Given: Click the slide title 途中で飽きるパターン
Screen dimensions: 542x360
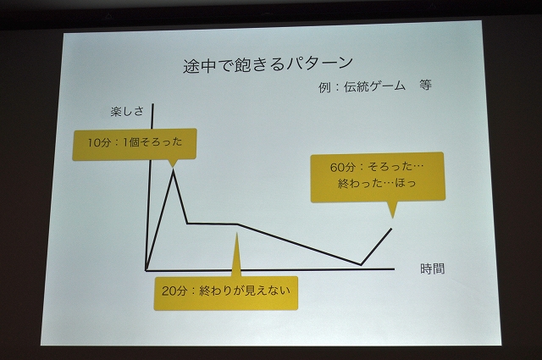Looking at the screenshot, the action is tap(268, 64).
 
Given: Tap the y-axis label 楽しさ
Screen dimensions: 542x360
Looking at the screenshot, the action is tap(127, 111).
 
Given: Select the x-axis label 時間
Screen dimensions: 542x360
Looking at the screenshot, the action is tap(432, 269).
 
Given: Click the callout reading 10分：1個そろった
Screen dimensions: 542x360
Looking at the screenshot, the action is tap(135, 145).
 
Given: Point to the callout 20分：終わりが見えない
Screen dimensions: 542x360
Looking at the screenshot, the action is tap(226, 292).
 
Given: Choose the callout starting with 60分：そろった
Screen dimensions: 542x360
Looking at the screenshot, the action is tap(378, 177).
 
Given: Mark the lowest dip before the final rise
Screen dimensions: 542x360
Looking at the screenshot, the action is tap(362, 265).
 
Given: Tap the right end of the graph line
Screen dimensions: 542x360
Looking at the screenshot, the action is tap(391, 228).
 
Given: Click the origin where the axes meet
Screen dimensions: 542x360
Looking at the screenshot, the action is tap(147, 269).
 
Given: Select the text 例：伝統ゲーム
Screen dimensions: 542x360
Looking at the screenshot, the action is tap(362, 86).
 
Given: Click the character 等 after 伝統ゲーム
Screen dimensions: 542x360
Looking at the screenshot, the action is tap(425, 85).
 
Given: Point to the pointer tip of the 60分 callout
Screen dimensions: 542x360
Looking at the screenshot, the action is tap(392, 219).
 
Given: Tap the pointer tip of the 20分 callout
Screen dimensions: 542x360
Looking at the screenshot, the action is tap(237, 233).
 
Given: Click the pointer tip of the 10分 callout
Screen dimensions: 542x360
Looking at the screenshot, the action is tap(173, 168).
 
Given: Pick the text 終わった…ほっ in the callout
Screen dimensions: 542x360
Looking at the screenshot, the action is tap(377, 183).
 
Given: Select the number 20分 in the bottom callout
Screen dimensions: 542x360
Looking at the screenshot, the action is tap(174, 291).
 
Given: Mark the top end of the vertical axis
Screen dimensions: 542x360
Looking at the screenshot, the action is tap(152, 103).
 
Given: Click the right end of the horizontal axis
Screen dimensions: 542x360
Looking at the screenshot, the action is tap(395, 269).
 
